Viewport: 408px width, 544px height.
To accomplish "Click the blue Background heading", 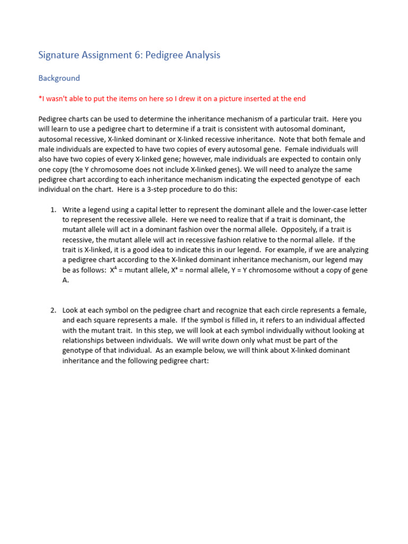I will (59, 78).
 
